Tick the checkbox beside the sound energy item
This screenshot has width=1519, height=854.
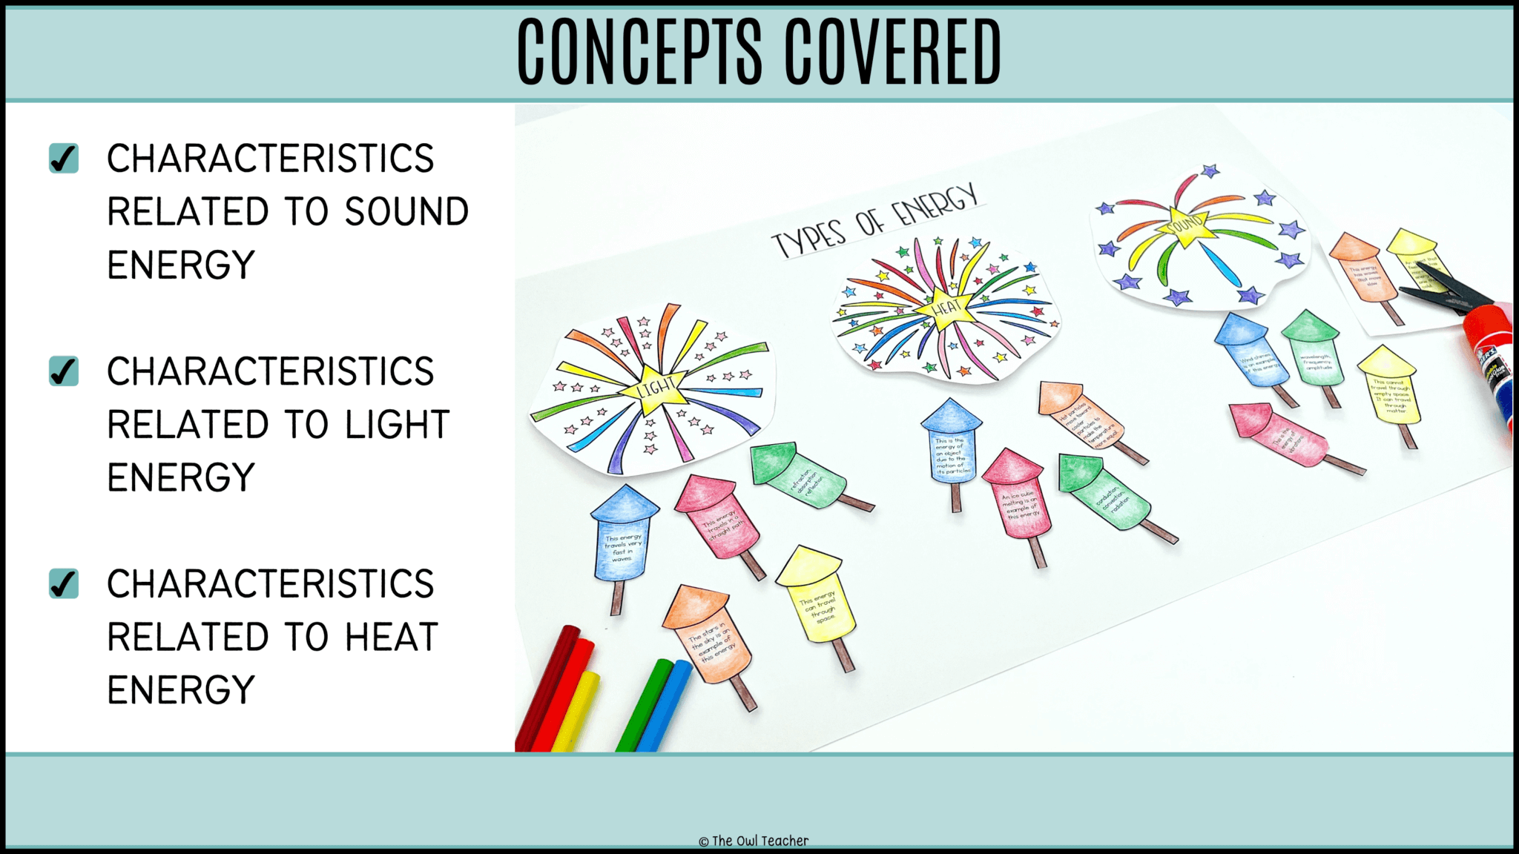(x=64, y=158)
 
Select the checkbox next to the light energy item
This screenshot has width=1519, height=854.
(x=64, y=371)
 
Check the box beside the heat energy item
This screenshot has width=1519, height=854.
(x=64, y=583)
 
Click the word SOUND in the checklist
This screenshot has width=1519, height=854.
(x=406, y=212)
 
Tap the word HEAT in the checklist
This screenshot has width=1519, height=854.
(x=392, y=638)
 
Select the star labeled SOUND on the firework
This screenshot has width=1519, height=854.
(x=1184, y=224)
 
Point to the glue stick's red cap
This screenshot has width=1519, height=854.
(x=1487, y=326)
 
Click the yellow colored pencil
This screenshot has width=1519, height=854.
(x=575, y=712)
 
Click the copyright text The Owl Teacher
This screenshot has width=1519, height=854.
(x=754, y=841)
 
